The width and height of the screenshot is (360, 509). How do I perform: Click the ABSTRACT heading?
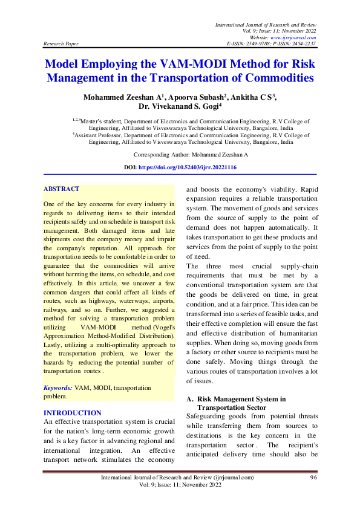tap(61, 189)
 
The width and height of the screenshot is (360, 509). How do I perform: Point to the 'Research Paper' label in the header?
tap(59, 44)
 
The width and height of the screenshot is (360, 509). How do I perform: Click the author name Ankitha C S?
tap(253, 97)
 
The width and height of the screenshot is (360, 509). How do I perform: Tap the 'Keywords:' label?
tap(58, 387)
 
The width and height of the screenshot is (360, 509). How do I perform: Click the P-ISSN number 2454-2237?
tap(302, 44)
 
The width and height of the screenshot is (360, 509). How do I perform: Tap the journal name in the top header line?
tap(266, 24)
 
